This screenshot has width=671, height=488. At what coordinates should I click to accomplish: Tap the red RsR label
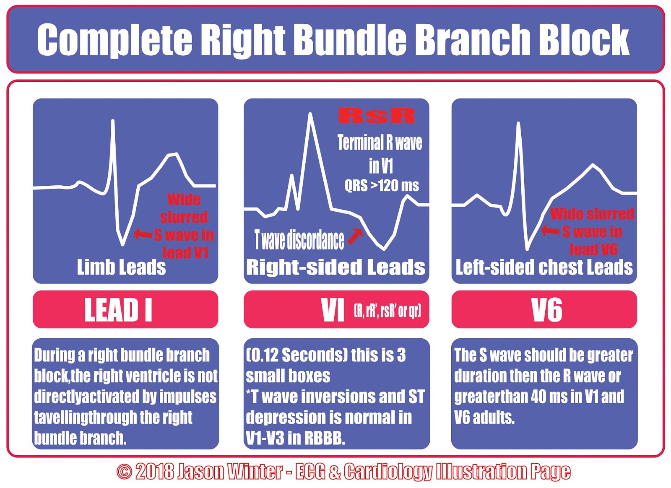(x=377, y=116)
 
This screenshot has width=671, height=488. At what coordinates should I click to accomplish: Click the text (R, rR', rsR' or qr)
(x=387, y=311)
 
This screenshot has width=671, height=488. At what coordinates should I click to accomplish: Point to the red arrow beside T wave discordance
(x=355, y=236)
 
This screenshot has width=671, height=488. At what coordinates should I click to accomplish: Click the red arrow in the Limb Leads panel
(x=143, y=234)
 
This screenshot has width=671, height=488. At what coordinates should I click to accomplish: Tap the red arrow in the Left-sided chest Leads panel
(x=550, y=230)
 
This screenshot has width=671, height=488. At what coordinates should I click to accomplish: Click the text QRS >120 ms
(x=381, y=185)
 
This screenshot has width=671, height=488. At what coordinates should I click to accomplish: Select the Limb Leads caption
(x=121, y=267)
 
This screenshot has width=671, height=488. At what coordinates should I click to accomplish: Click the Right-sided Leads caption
(x=335, y=267)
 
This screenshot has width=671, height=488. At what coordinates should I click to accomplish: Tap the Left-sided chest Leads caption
(x=544, y=267)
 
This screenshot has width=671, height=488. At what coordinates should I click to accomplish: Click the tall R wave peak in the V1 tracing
(x=310, y=114)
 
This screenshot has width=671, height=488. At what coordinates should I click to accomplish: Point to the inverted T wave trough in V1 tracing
(x=384, y=249)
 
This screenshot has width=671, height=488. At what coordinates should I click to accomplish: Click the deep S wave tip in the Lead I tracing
(x=122, y=244)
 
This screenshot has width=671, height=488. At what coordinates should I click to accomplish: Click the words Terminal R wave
(x=380, y=143)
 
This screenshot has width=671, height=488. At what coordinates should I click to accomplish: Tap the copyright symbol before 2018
(x=124, y=472)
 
